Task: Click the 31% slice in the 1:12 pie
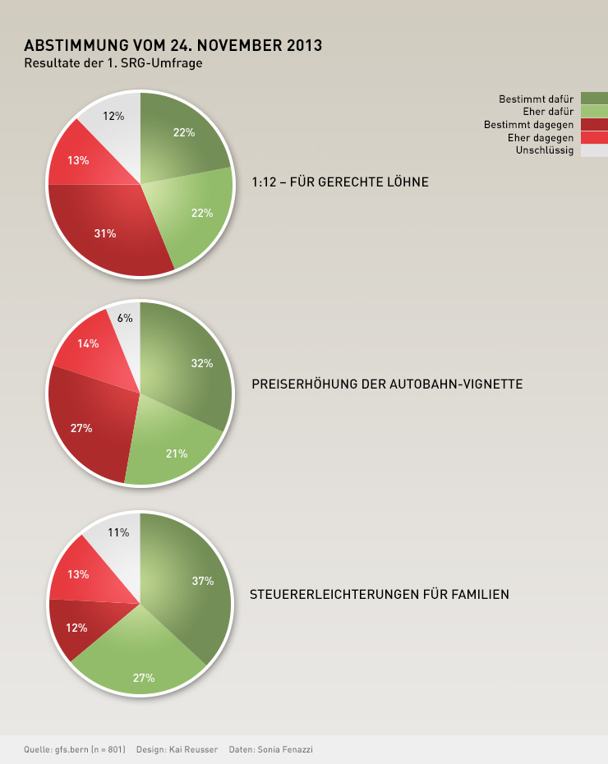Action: [105, 233]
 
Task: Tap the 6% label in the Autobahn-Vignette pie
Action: [125, 318]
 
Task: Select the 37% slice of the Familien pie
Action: [197, 583]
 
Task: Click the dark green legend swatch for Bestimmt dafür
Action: [594, 99]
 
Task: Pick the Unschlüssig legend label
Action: [545, 150]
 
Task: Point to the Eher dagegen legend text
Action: [541, 138]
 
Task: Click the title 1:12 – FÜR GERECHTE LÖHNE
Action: [339, 182]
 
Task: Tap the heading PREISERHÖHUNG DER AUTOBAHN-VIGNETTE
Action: [386, 384]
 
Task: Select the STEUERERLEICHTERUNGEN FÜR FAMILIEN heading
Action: [379, 594]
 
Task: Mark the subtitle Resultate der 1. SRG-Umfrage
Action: [113, 62]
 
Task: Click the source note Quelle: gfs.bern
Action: [75, 749]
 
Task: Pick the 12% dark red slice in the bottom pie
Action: [76, 628]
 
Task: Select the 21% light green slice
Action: [176, 453]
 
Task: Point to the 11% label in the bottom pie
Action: [118, 532]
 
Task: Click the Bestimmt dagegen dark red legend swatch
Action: [594, 124]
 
